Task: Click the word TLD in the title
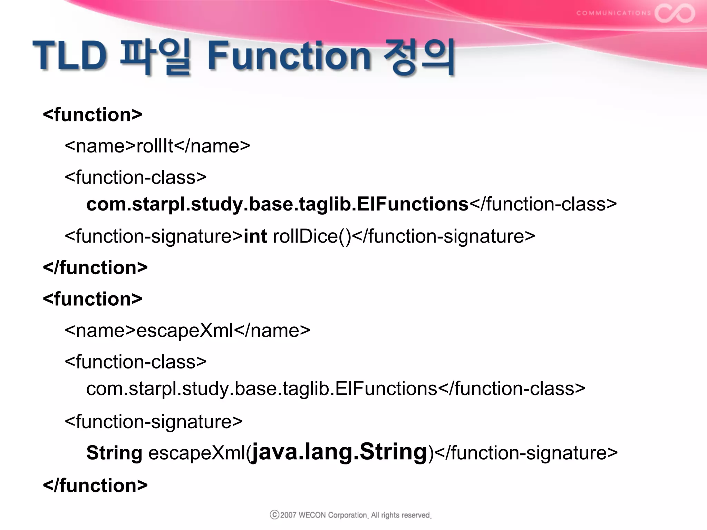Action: (x=70, y=55)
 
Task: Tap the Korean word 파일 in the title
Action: (x=155, y=57)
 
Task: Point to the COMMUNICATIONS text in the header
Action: (x=613, y=13)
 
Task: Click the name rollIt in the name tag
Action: (x=155, y=146)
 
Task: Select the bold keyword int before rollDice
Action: (x=255, y=236)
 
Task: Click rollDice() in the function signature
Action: (x=312, y=236)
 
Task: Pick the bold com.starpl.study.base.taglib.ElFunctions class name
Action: (x=277, y=204)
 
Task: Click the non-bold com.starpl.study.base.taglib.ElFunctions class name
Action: (x=262, y=389)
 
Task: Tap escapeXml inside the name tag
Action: (x=185, y=331)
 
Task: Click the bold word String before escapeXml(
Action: (x=114, y=453)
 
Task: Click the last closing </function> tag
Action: (x=95, y=485)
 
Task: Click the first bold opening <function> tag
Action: (x=93, y=115)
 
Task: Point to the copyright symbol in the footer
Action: (x=274, y=515)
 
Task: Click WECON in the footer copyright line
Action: (x=312, y=515)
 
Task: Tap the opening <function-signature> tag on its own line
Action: (x=154, y=422)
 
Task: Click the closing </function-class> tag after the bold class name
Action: (x=543, y=204)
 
